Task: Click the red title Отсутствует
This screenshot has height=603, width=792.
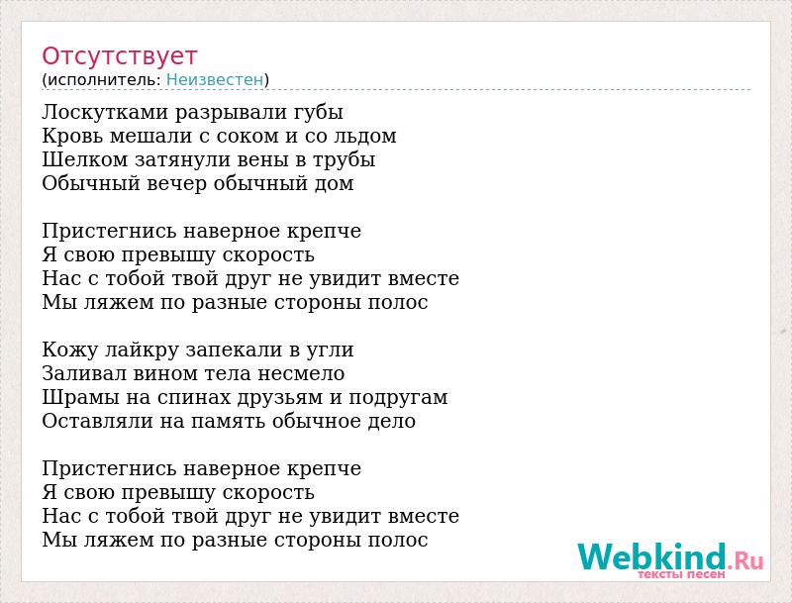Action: pos(119,56)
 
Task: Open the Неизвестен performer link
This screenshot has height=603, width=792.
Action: pos(215,79)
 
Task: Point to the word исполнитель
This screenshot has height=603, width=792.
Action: pos(103,80)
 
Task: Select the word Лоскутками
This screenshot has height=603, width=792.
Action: pos(105,112)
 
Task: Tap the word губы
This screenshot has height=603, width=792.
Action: pos(318,112)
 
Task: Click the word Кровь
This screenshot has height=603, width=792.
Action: pos(71,136)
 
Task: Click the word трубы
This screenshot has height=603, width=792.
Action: pos(344,160)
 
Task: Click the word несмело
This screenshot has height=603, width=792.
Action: pos(302,373)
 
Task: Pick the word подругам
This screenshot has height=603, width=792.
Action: pos(398,398)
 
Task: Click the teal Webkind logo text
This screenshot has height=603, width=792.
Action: pos(652,557)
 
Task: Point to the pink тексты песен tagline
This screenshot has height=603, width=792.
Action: pos(681,574)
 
